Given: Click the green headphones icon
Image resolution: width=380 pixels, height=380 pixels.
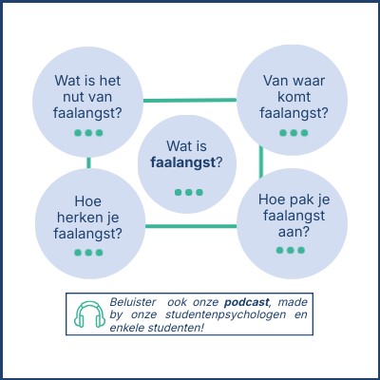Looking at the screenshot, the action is point(89,314).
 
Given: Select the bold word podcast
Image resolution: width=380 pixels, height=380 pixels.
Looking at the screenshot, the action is point(247,302).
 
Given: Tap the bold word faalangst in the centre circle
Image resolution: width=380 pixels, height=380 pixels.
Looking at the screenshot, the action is point(183,162).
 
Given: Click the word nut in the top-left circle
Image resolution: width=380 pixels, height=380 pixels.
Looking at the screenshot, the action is point(72,97).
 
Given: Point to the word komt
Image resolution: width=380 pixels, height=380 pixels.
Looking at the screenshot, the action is point(294,97).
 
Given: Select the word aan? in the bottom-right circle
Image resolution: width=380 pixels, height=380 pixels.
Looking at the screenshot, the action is point(294,232).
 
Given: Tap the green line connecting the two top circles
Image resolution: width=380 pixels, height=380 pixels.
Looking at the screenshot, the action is point(190,101).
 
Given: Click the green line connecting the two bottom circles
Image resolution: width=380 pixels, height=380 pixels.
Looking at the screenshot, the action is point(191,226).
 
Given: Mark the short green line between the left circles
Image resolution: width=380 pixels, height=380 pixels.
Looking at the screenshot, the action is point(88,162).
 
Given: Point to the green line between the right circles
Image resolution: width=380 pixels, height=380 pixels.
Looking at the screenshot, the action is point(261,161).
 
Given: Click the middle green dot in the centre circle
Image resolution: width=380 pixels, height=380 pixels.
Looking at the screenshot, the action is point(189,192).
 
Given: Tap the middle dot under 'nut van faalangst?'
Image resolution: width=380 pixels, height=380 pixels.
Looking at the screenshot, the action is point(88,133).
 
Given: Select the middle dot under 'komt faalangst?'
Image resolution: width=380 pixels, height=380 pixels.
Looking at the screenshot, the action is point(294,133).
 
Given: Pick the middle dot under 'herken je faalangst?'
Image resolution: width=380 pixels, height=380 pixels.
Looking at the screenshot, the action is point(88,253).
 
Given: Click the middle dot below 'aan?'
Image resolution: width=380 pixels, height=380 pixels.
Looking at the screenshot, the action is point(291,250).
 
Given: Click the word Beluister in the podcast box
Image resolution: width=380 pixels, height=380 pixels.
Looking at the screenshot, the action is point(133,302).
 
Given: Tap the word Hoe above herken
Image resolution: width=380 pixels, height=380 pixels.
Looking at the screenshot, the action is point(88,201).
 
